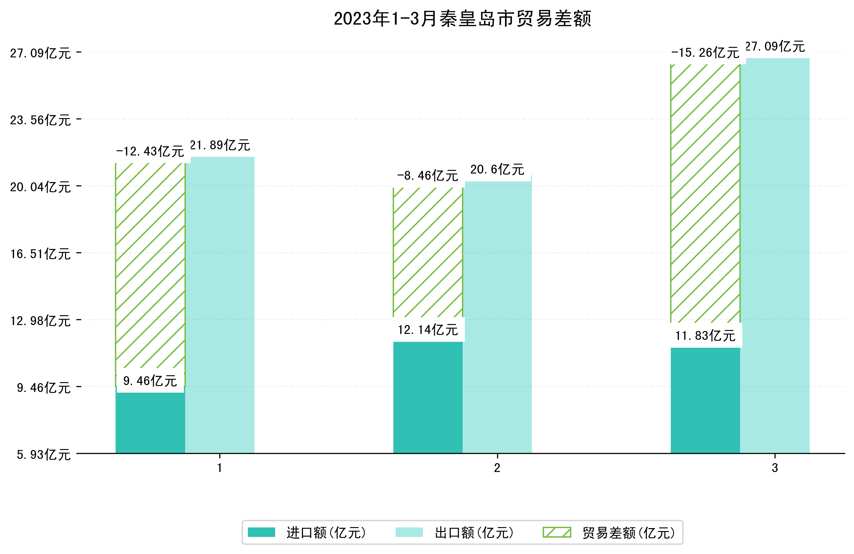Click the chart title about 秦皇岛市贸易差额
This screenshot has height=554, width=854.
[x=462, y=19]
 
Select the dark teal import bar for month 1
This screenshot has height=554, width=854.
[x=150, y=423]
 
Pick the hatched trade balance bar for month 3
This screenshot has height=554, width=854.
[x=705, y=194]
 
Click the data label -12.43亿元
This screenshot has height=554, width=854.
[x=150, y=151]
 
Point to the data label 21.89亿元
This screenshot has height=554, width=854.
[x=220, y=145]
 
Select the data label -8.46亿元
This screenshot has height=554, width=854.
[x=427, y=176]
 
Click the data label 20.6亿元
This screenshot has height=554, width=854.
[x=497, y=169]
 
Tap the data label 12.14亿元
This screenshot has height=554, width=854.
[x=428, y=330]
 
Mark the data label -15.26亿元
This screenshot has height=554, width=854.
[x=705, y=53]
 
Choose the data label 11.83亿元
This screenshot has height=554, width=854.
[x=705, y=336]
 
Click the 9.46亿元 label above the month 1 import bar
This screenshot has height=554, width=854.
[x=150, y=381]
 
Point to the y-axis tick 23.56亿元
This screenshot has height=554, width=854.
[x=40, y=120]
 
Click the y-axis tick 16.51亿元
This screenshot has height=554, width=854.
[x=40, y=254]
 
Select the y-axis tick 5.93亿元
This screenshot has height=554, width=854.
[x=43, y=455]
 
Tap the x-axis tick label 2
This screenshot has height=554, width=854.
[x=497, y=468]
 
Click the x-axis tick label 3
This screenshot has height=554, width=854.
[x=775, y=468]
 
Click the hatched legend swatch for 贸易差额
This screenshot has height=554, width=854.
[x=557, y=532]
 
